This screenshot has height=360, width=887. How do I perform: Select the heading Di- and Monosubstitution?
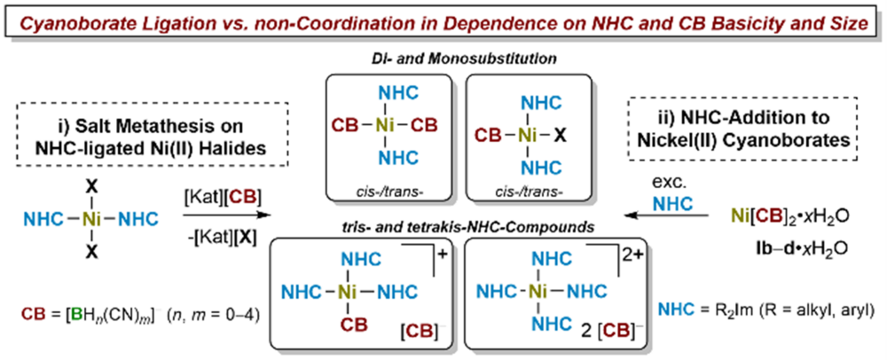(x=446, y=62)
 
